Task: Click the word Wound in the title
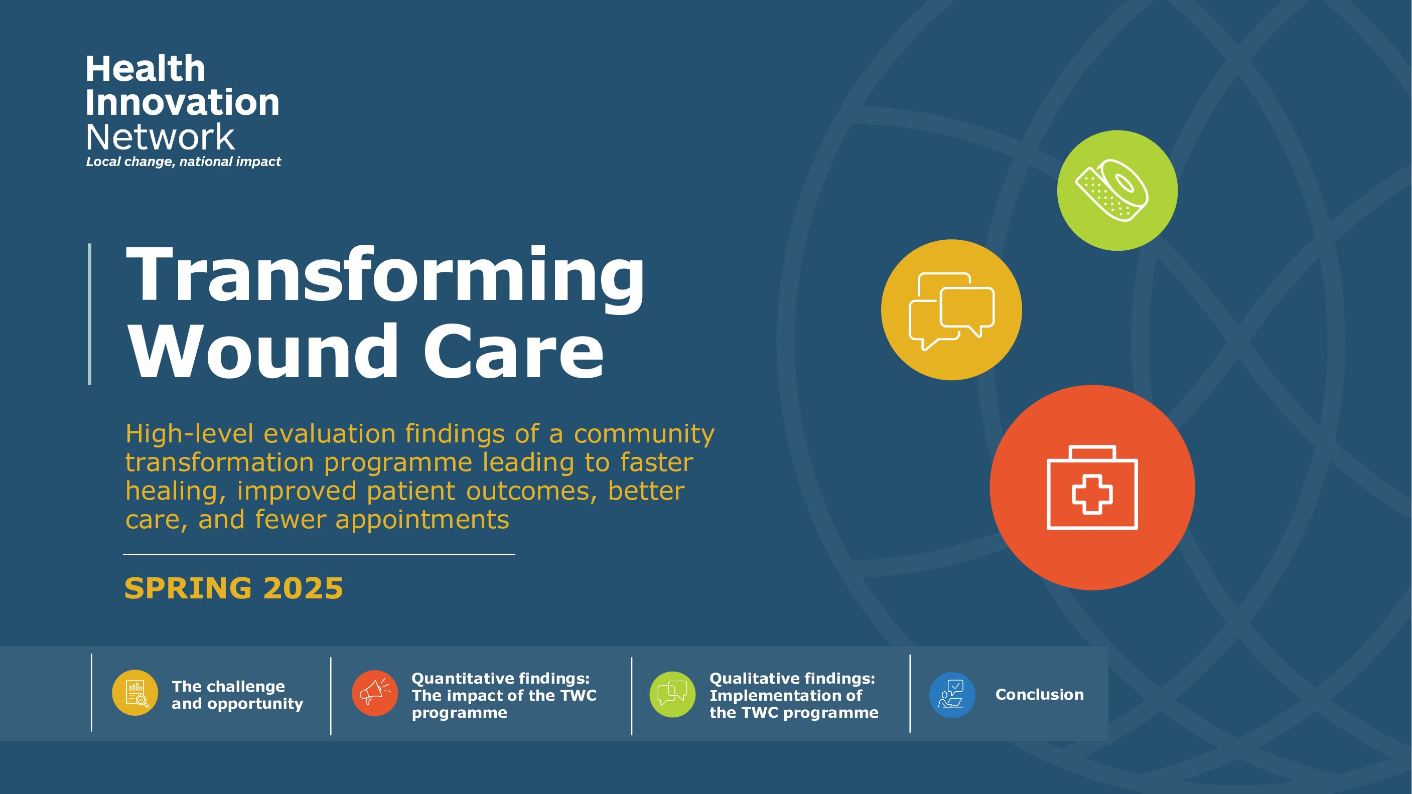pos(263,350)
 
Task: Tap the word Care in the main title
pos(514,350)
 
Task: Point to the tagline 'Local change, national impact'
pos(183,162)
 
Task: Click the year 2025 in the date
pos(303,588)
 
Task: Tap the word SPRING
pos(188,588)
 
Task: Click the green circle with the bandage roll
pos(1117,190)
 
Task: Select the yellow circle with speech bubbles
pos(951,309)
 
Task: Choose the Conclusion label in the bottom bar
pos(1039,694)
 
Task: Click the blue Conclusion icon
pos(952,695)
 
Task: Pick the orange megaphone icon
pos(375,693)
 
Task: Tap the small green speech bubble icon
pos(672,694)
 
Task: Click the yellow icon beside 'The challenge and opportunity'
pos(135,693)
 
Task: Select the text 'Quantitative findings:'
pos(500,678)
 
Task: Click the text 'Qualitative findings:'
pos(792,678)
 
